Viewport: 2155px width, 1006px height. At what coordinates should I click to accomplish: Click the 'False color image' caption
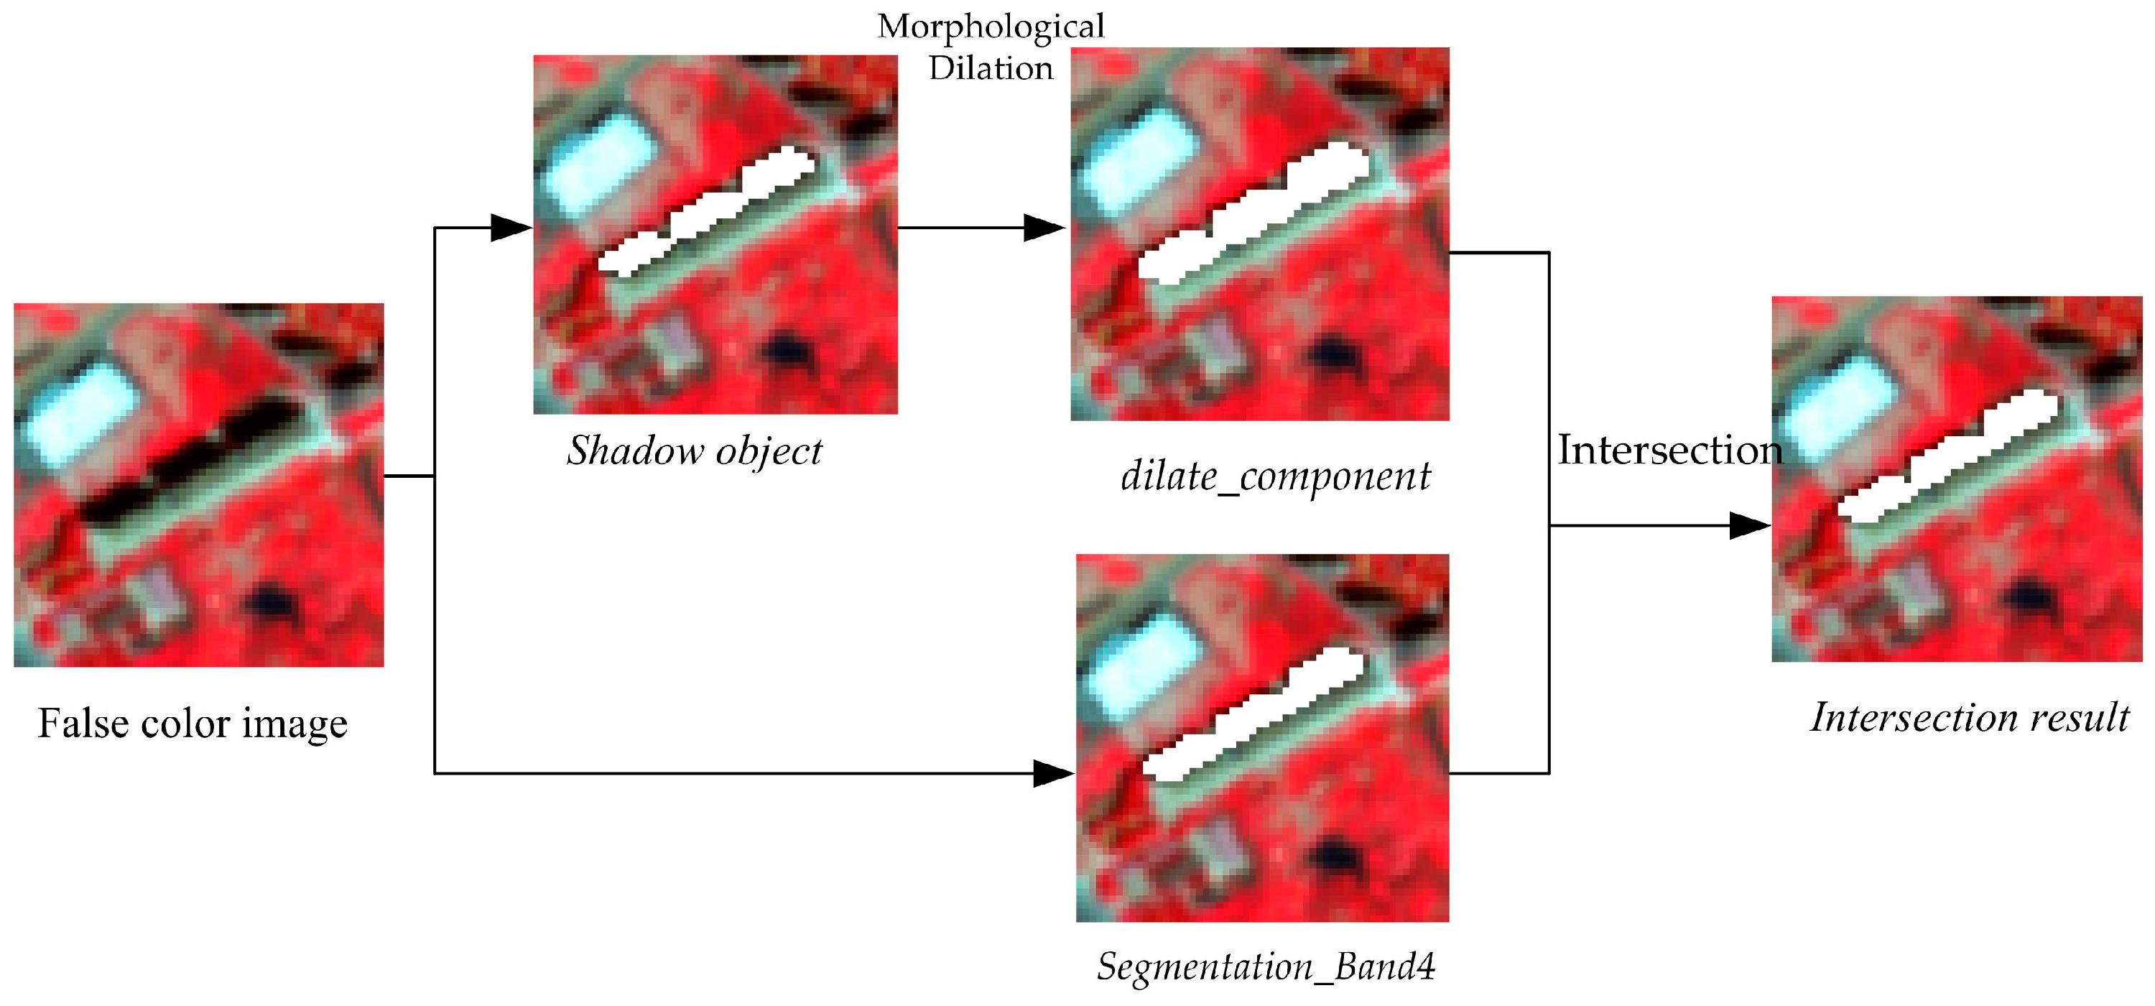(193, 723)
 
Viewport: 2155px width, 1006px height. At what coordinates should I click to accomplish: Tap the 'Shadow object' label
(695, 451)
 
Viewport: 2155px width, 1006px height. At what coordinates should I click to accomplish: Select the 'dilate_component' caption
(1275, 477)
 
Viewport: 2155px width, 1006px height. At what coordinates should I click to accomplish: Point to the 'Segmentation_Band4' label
(1266, 966)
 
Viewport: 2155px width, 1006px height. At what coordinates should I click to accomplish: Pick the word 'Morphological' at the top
(991, 27)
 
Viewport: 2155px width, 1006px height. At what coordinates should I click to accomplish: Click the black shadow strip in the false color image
(193, 464)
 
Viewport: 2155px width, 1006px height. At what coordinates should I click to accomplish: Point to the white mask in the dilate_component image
(1255, 218)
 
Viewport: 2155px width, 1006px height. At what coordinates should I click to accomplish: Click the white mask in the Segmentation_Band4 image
(1255, 720)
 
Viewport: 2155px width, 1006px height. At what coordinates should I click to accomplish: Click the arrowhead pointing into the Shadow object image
(510, 227)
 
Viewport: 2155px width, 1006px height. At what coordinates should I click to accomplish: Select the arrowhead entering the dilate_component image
(1044, 227)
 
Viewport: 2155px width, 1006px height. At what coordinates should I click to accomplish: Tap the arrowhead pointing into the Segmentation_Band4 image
(1052, 773)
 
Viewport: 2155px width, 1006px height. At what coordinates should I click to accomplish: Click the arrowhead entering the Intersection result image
(1748, 525)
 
